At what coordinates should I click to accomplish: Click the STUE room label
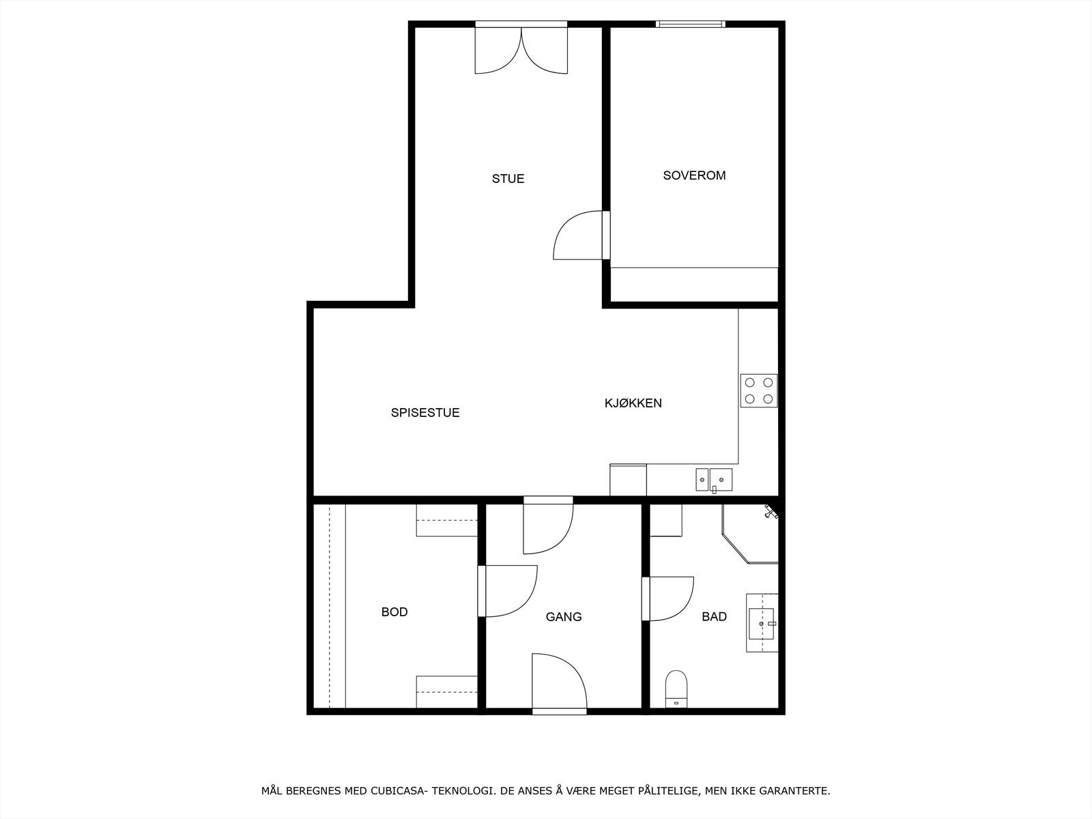click(508, 179)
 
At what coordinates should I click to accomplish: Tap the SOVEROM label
click(694, 175)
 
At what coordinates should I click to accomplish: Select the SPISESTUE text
click(425, 413)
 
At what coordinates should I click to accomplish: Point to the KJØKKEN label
click(633, 403)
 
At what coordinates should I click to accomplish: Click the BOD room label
click(394, 612)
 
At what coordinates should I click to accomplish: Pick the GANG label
click(563, 617)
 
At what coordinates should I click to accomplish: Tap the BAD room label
click(714, 617)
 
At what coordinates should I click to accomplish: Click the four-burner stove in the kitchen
click(759, 391)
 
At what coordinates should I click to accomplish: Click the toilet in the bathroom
click(676, 688)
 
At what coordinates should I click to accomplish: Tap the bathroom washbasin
click(762, 622)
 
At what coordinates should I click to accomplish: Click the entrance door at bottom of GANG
click(559, 682)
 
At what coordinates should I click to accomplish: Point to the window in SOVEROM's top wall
click(690, 24)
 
